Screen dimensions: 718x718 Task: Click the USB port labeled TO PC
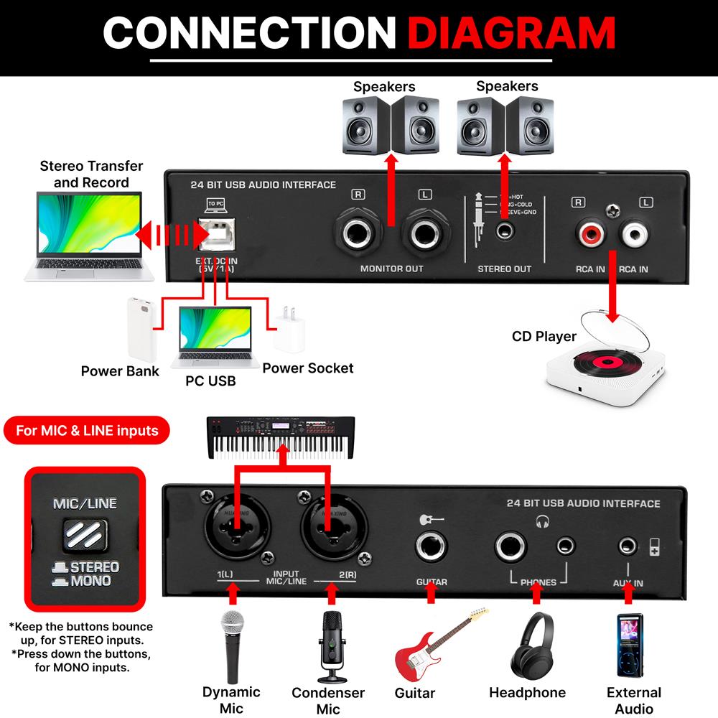(215, 231)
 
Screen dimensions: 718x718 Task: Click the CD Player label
(544, 336)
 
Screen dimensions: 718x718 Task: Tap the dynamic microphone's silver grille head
(232, 624)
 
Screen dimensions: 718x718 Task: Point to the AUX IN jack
(630, 547)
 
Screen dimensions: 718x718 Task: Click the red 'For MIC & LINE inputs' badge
(86, 431)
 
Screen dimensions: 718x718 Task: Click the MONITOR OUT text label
(391, 269)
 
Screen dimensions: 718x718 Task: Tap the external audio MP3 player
(630, 644)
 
